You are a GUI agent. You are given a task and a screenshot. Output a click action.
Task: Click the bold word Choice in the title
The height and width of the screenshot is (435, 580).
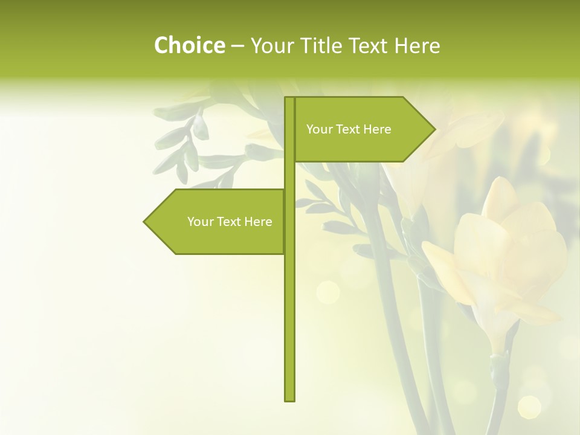(x=189, y=45)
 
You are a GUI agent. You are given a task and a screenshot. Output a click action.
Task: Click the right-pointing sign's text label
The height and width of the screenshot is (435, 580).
(x=349, y=129)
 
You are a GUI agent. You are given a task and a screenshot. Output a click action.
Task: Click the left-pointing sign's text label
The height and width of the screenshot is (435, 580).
(x=230, y=222)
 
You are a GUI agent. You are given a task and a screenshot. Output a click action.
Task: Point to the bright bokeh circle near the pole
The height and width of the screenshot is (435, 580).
(x=328, y=292)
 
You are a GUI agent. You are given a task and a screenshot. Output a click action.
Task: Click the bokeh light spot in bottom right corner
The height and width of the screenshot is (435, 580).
(x=529, y=407)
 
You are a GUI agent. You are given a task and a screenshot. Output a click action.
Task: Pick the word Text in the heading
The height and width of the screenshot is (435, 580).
(x=372, y=45)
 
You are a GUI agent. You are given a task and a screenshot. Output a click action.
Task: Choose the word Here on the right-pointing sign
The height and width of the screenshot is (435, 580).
(x=377, y=129)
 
